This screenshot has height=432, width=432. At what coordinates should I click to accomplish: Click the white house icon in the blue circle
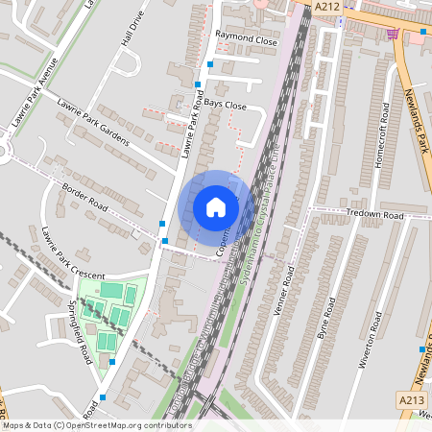pyautogui.click(x=216, y=207)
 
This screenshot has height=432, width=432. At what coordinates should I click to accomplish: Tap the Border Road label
pyautogui.click(x=85, y=196)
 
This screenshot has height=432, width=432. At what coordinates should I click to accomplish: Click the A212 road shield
pyautogui.click(x=326, y=6)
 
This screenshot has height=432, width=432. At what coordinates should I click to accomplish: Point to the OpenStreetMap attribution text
pyautogui.click(x=96, y=425)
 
